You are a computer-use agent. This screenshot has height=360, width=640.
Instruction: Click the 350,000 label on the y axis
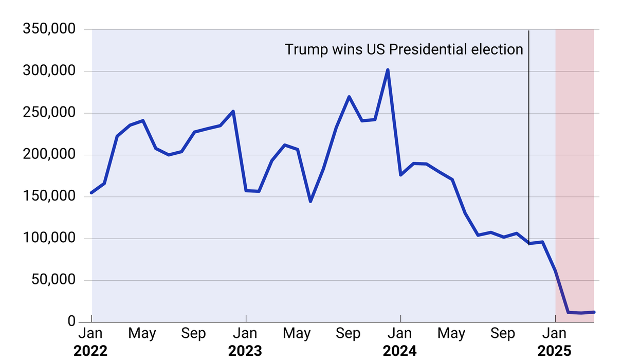(x=49, y=29)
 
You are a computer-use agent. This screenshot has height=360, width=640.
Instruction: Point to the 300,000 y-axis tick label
(x=49, y=71)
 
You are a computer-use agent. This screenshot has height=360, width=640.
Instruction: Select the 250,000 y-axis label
(x=49, y=113)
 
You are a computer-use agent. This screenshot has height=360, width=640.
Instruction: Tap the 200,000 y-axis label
(x=49, y=155)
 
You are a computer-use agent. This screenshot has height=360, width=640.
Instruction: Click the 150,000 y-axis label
(x=49, y=196)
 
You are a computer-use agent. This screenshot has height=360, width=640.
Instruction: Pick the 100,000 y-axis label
(x=49, y=239)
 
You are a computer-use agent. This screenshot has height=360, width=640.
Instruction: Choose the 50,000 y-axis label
(x=53, y=280)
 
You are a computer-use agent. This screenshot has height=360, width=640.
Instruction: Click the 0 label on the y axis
(x=71, y=321)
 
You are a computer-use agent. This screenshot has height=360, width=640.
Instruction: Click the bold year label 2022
(x=90, y=351)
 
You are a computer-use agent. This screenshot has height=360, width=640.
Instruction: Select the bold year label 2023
(x=245, y=351)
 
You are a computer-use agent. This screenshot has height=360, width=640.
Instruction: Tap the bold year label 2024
(x=400, y=351)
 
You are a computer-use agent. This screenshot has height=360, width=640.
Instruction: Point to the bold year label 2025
(x=555, y=351)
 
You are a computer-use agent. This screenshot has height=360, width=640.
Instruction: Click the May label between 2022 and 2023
(x=142, y=334)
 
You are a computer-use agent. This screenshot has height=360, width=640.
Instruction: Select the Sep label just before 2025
(x=503, y=334)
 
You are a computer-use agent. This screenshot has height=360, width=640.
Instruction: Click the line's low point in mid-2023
(x=310, y=201)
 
